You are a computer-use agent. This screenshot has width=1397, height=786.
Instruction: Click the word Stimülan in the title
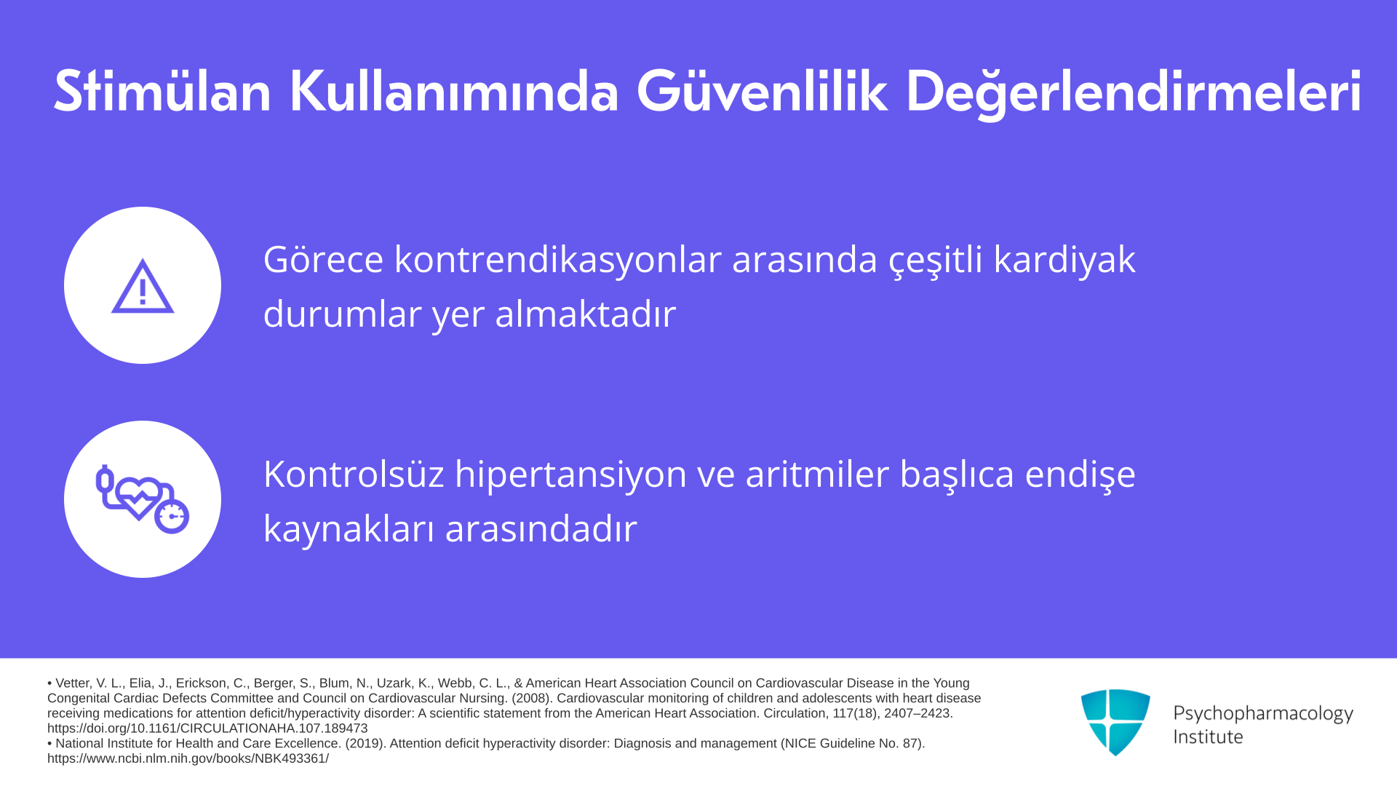(x=162, y=91)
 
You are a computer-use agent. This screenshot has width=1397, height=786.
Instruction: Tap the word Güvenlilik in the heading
(x=762, y=91)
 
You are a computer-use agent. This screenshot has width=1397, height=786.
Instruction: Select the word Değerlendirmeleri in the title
(x=1134, y=93)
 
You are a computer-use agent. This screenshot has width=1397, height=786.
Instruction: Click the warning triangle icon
(x=143, y=285)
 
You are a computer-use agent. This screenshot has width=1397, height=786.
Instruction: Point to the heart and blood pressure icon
(x=143, y=499)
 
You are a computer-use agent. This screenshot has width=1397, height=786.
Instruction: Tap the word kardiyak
(x=1064, y=261)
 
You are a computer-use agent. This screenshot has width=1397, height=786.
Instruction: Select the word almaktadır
(x=586, y=314)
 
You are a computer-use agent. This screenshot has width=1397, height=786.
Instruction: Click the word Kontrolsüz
(x=354, y=474)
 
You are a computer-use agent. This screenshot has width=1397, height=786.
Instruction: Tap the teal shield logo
(x=1115, y=722)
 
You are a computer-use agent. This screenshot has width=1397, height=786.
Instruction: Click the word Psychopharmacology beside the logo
(x=1263, y=714)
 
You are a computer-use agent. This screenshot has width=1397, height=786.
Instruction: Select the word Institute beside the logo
(x=1208, y=737)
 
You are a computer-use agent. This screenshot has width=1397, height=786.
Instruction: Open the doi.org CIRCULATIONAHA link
(x=207, y=729)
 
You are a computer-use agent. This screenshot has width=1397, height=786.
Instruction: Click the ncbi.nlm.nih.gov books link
(x=188, y=758)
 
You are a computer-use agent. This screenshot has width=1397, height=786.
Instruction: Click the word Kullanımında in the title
(x=454, y=91)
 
